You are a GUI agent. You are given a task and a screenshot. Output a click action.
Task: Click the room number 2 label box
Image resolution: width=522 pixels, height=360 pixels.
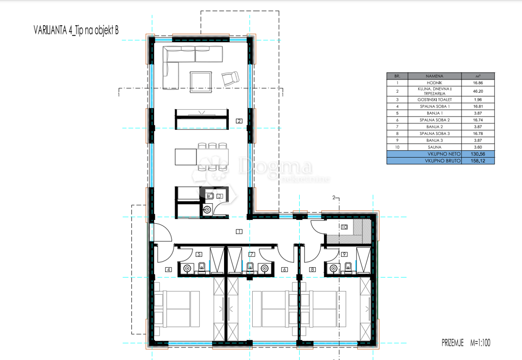pyautogui.click(x=239, y=121)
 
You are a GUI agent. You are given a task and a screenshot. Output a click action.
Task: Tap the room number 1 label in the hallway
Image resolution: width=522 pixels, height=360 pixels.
pyautogui.click(x=239, y=231)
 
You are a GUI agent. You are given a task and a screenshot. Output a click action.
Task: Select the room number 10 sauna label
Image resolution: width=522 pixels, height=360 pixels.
pyautogui.click(x=345, y=227)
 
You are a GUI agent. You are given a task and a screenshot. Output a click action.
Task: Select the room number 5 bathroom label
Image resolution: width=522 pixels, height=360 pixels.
pyautogui.click(x=199, y=254)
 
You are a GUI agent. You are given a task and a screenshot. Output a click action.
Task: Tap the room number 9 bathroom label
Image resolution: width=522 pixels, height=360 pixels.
pyautogui.click(x=345, y=254)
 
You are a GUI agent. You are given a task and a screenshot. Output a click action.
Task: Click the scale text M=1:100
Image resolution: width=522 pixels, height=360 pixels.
pyautogui.click(x=479, y=343)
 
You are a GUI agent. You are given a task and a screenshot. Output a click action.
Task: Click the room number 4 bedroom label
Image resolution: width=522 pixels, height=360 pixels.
pyautogui.click(x=169, y=269)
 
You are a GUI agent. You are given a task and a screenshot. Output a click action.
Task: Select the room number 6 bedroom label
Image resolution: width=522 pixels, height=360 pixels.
pyautogui.click(x=284, y=269)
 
